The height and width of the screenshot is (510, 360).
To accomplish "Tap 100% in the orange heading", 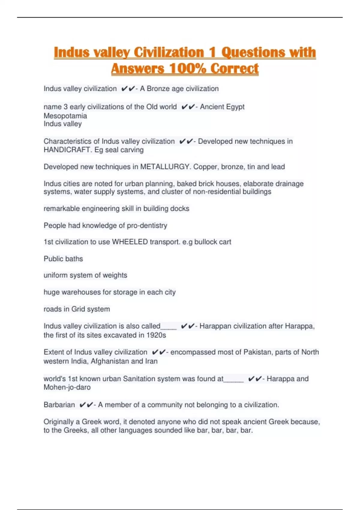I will (x=187, y=69).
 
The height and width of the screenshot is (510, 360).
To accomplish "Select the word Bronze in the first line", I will (x=157, y=89).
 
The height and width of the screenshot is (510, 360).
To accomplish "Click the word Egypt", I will (x=235, y=107).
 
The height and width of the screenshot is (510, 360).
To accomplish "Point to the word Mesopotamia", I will (x=65, y=116).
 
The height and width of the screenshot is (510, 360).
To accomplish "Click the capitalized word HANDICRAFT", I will (x=67, y=150).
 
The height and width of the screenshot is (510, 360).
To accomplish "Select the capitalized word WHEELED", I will (x=130, y=242).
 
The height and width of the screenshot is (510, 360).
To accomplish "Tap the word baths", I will (x=74, y=259).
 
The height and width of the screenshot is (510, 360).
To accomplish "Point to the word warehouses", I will (x=81, y=292).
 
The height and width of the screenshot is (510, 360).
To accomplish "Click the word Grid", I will (x=78, y=309).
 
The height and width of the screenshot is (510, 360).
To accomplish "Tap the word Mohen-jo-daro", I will (x=67, y=387).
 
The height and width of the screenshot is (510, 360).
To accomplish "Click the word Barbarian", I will (x=59, y=405).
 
